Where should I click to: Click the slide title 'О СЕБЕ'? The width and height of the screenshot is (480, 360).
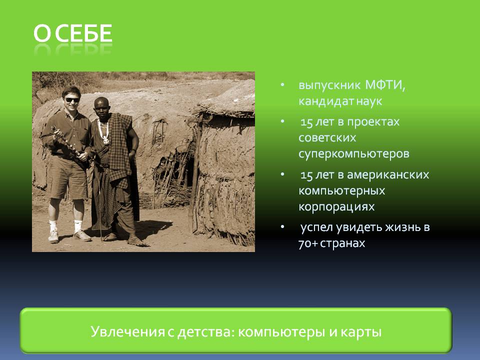pyautogui.click(x=73, y=33)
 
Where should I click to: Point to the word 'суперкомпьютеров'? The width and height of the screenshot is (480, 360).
pyautogui.click(x=354, y=154)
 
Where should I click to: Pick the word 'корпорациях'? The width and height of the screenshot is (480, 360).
pyautogui.click(x=336, y=206)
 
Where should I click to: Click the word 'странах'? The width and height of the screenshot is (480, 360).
pyautogui.click(x=345, y=243)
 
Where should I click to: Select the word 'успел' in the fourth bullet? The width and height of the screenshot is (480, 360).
pyautogui.click(x=316, y=227)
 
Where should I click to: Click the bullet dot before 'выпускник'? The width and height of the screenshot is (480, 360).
pyautogui.click(x=283, y=85)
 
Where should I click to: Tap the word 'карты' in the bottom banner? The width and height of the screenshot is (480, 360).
pyautogui.click(x=365, y=331)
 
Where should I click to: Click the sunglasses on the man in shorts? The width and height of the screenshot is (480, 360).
pyautogui.click(x=72, y=100)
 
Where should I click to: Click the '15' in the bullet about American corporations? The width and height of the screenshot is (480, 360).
pyautogui.click(x=306, y=175)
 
